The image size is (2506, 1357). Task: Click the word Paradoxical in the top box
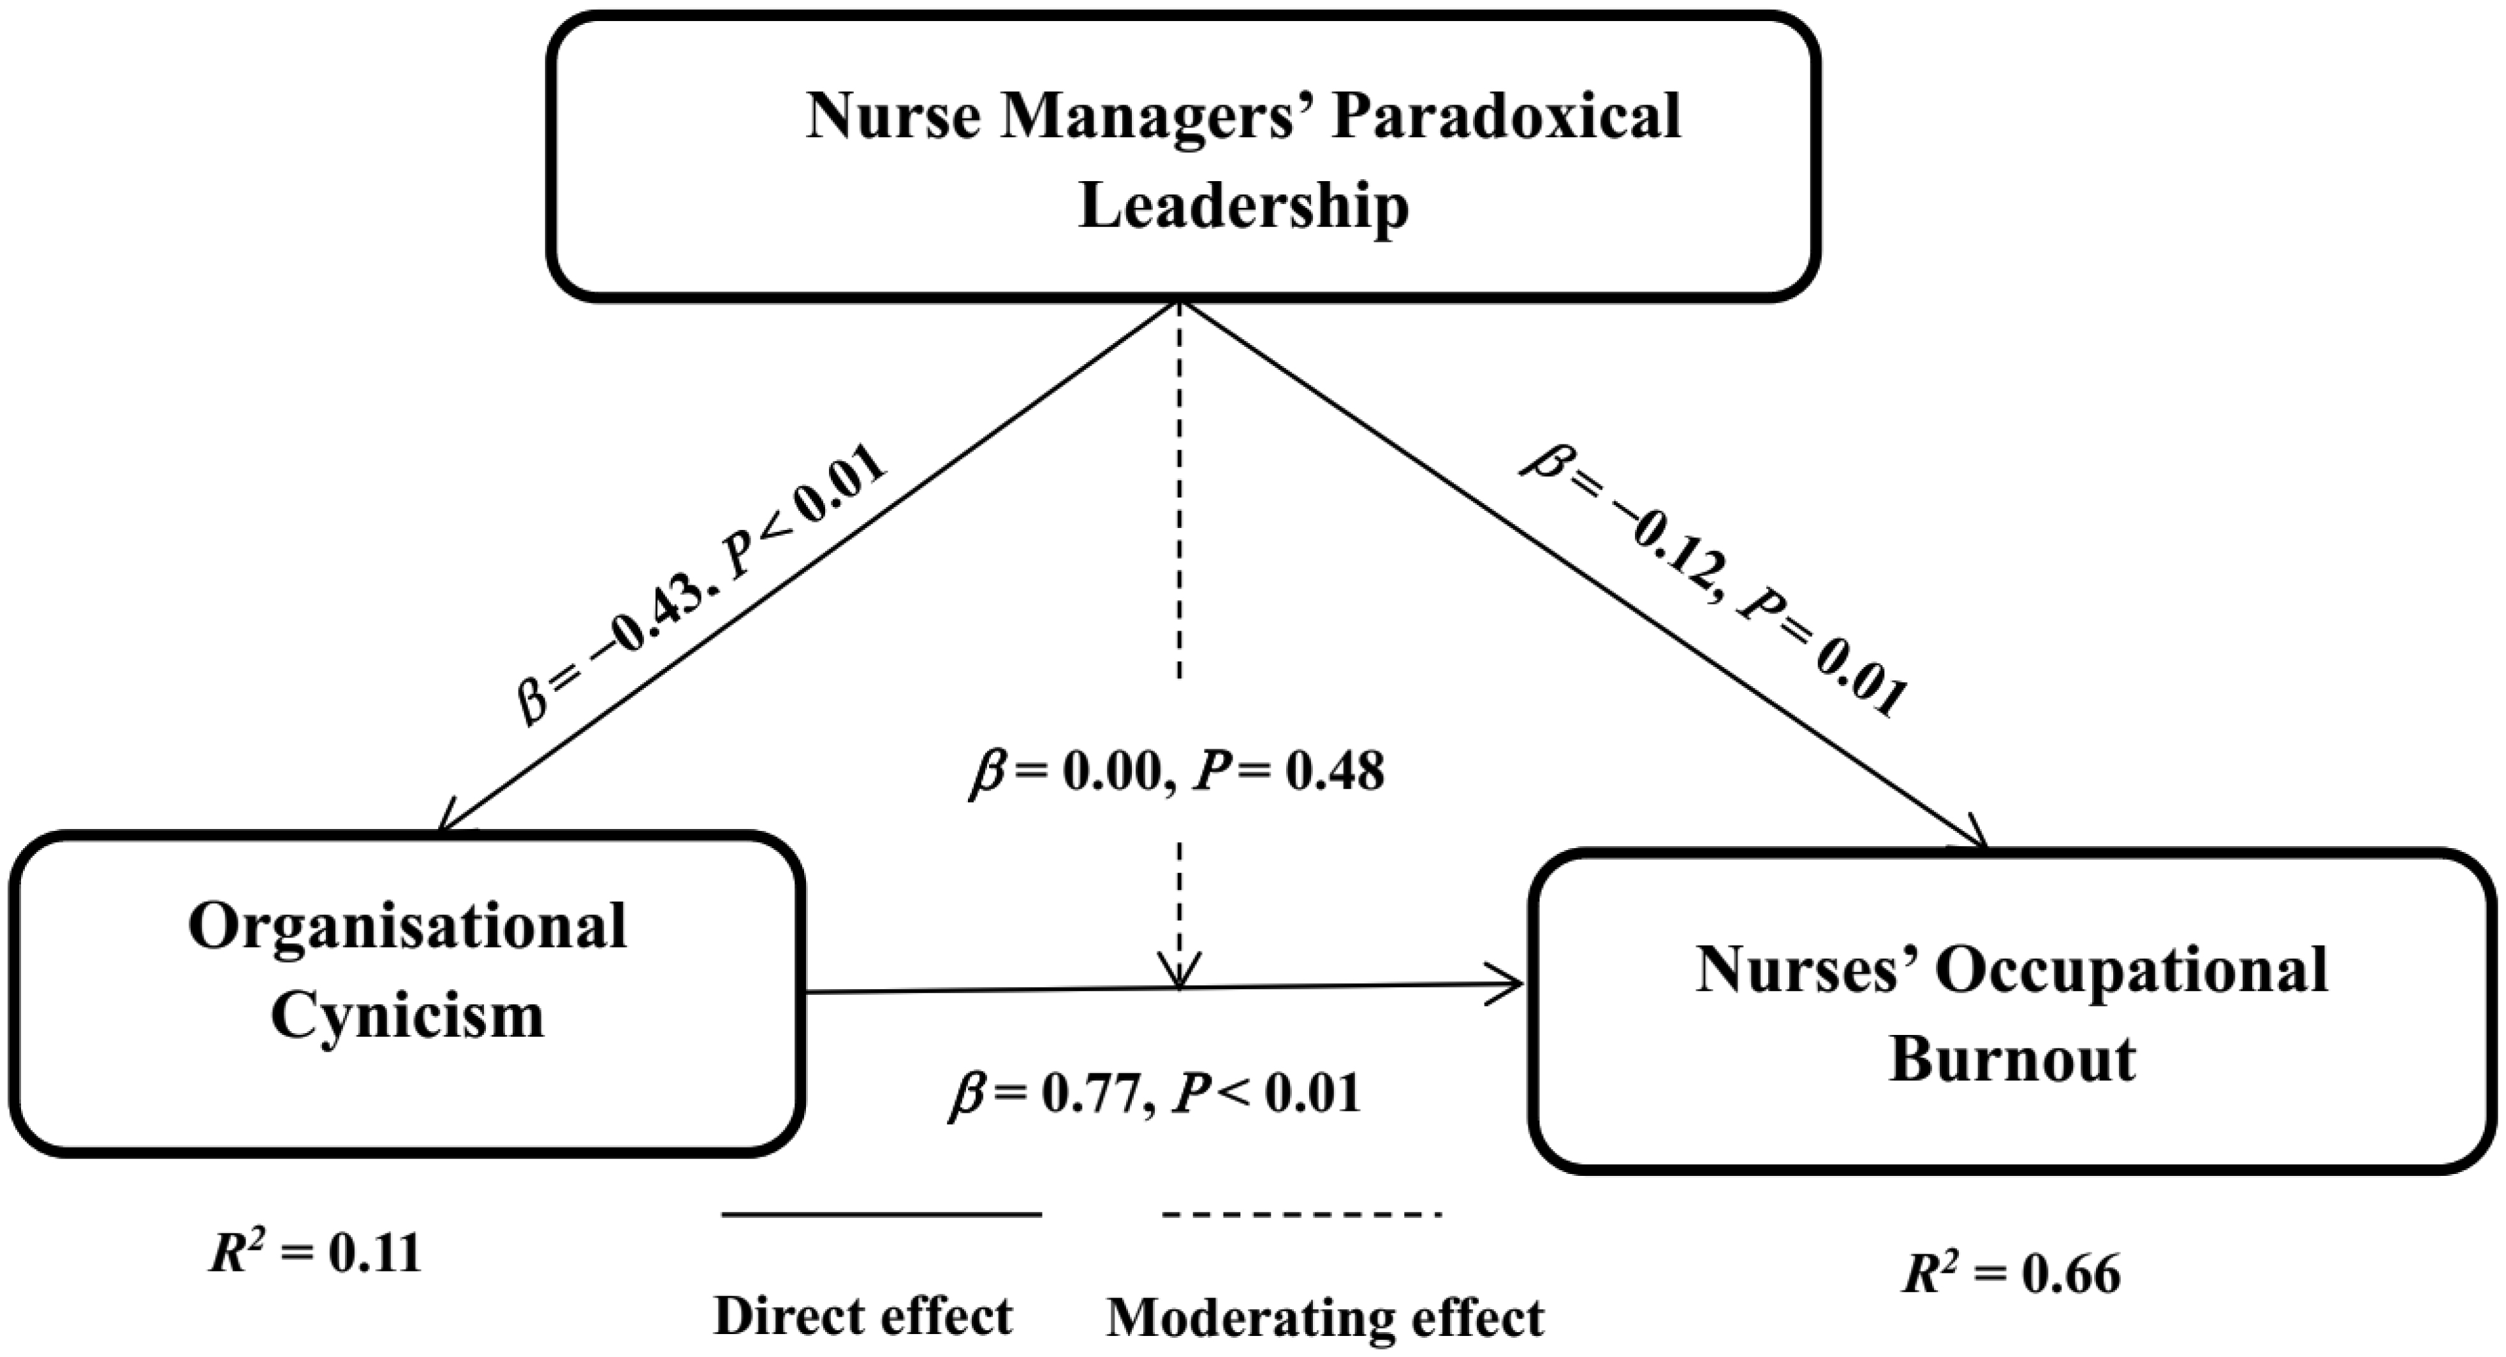coord(1506,118)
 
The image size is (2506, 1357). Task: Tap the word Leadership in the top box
coord(1243,208)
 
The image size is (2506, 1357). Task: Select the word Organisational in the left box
coord(407,927)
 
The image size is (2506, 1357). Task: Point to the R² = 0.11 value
coord(315,1254)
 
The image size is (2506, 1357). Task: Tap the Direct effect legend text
coord(863,1316)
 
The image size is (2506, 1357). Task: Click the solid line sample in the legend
coord(881,1215)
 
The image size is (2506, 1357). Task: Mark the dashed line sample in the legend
coord(1301,1215)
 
